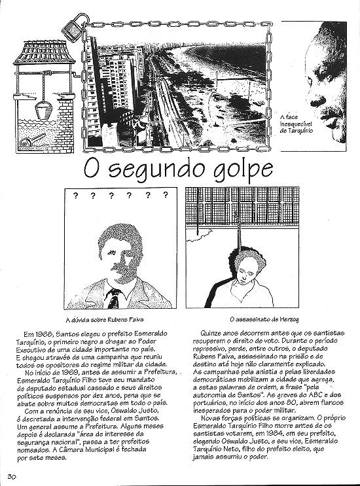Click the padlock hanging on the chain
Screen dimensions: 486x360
[x=72, y=28]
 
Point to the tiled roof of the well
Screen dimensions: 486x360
[x=39, y=51]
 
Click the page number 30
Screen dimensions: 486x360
[x=12, y=475]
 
